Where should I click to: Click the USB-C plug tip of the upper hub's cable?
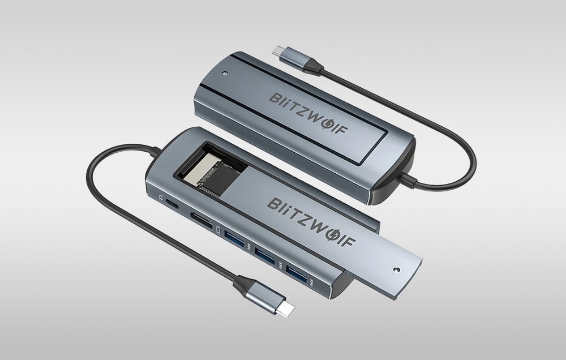[x=277, y=51]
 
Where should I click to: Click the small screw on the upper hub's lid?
[x=225, y=74]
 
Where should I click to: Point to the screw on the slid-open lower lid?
[x=397, y=269]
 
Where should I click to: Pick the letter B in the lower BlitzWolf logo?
[x=274, y=204]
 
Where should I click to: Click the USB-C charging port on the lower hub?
[x=172, y=204]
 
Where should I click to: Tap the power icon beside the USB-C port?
[x=161, y=198]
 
